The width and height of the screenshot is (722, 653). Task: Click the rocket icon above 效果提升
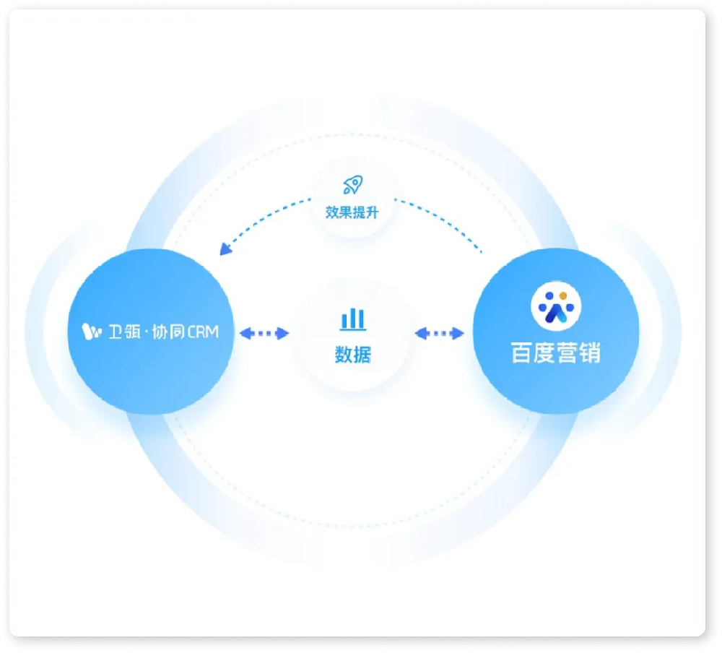pos(353,185)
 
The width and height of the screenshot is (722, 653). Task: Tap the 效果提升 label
pos(352,212)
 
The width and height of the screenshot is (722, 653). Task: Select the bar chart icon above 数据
pos(353,319)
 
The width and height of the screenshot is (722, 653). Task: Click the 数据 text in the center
pos(353,355)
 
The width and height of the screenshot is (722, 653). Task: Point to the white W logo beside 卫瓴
pos(91,332)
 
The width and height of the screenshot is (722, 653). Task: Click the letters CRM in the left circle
pos(203,332)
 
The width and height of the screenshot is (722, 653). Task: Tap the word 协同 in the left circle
pos(168,332)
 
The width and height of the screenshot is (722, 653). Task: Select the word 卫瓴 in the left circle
pos(124,332)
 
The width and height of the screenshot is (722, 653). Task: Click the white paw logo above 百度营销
pos(556,306)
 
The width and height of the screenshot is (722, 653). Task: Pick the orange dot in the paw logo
pos(562,296)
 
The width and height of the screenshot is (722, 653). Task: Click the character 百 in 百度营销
pos(522,353)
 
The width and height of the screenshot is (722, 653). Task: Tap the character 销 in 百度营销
pos(590,353)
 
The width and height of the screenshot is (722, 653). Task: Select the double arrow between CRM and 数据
pos(264,333)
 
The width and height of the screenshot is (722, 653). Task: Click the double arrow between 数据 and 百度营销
pos(439,333)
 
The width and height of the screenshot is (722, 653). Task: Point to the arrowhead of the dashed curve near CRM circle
pos(225,249)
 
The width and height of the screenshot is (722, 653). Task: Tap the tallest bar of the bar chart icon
pos(353,318)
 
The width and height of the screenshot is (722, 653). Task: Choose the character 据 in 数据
pos(362,355)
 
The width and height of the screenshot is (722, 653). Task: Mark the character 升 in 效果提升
pos(372,212)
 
